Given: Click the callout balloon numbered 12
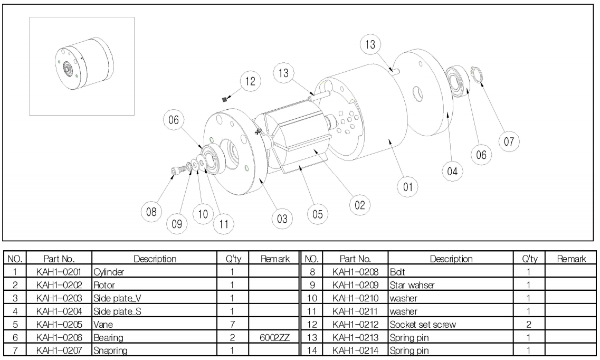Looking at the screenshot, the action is tap(250, 81).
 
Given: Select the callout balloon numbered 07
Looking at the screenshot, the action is tap(509, 141).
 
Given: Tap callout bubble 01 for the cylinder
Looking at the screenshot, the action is tap(408, 187).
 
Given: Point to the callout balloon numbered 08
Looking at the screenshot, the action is tap(151, 212).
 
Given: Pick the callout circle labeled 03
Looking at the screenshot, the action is tap(282, 219).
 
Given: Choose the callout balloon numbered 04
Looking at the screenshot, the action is tap(452, 171).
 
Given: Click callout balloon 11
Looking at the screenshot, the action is tap(224, 224).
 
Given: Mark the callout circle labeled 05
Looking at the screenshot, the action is tap(318, 214).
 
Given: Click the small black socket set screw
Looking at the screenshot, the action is tap(225, 99).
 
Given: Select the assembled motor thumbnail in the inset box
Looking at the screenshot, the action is tap(84, 63).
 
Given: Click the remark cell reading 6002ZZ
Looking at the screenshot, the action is tap(274, 337).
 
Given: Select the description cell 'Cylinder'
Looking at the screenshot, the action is tap(109, 272).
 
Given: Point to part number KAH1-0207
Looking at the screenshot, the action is tap(59, 350).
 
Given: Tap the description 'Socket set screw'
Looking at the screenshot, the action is tap(423, 325).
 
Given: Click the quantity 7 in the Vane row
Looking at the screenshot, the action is tap(232, 325).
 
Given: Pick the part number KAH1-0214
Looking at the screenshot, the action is tap(356, 350).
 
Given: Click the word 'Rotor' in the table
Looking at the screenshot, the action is tap(104, 285).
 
